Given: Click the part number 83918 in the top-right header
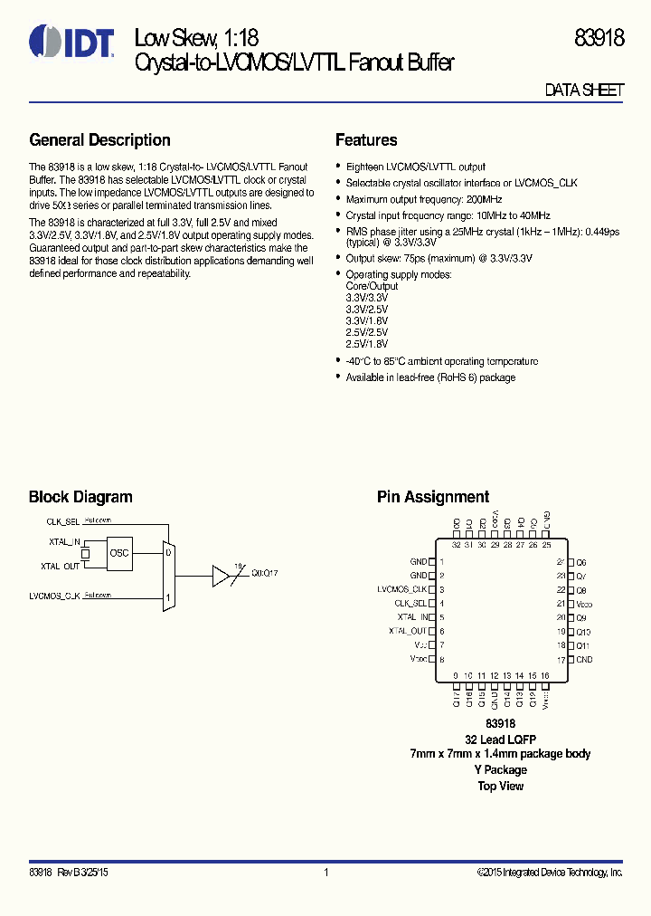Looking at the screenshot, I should (599, 38).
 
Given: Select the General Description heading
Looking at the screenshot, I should (99, 140).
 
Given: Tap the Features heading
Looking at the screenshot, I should (366, 140).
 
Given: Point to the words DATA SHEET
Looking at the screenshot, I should (584, 91).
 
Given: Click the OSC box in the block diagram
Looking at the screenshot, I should (119, 552).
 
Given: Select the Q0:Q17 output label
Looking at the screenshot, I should (265, 573).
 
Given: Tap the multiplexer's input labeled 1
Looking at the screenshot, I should (168, 597).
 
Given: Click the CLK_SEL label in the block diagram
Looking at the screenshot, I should (63, 522).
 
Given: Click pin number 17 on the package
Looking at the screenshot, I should (561, 660).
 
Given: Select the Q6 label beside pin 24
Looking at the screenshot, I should (581, 562).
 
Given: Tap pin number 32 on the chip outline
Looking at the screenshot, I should (456, 545).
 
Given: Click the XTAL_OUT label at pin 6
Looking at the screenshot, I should (408, 631).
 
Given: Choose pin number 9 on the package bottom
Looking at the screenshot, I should (456, 675).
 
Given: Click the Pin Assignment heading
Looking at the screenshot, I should (433, 497).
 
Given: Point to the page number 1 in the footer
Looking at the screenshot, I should (325, 873).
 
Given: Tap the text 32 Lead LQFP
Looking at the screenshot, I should (500, 739).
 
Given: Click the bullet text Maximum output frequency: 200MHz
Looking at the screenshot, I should (424, 199).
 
